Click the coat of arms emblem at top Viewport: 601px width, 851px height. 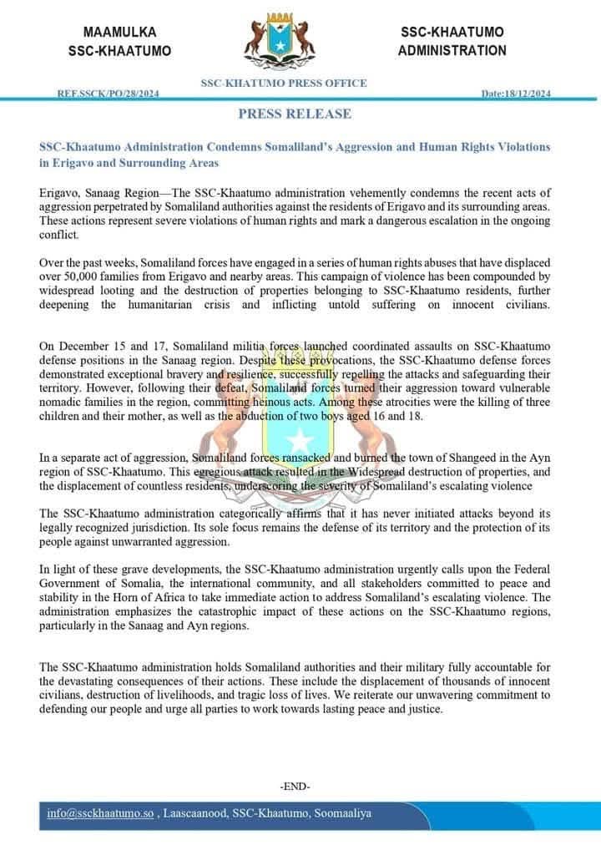point(284,43)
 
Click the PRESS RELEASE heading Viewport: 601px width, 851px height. point(295,114)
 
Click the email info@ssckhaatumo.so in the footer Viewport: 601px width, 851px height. point(101,813)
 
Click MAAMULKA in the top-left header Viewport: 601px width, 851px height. point(120,32)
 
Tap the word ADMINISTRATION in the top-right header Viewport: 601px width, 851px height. point(452,50)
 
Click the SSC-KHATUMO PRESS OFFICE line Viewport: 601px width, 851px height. point(284,84)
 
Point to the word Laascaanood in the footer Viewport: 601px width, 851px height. point(200,813)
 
